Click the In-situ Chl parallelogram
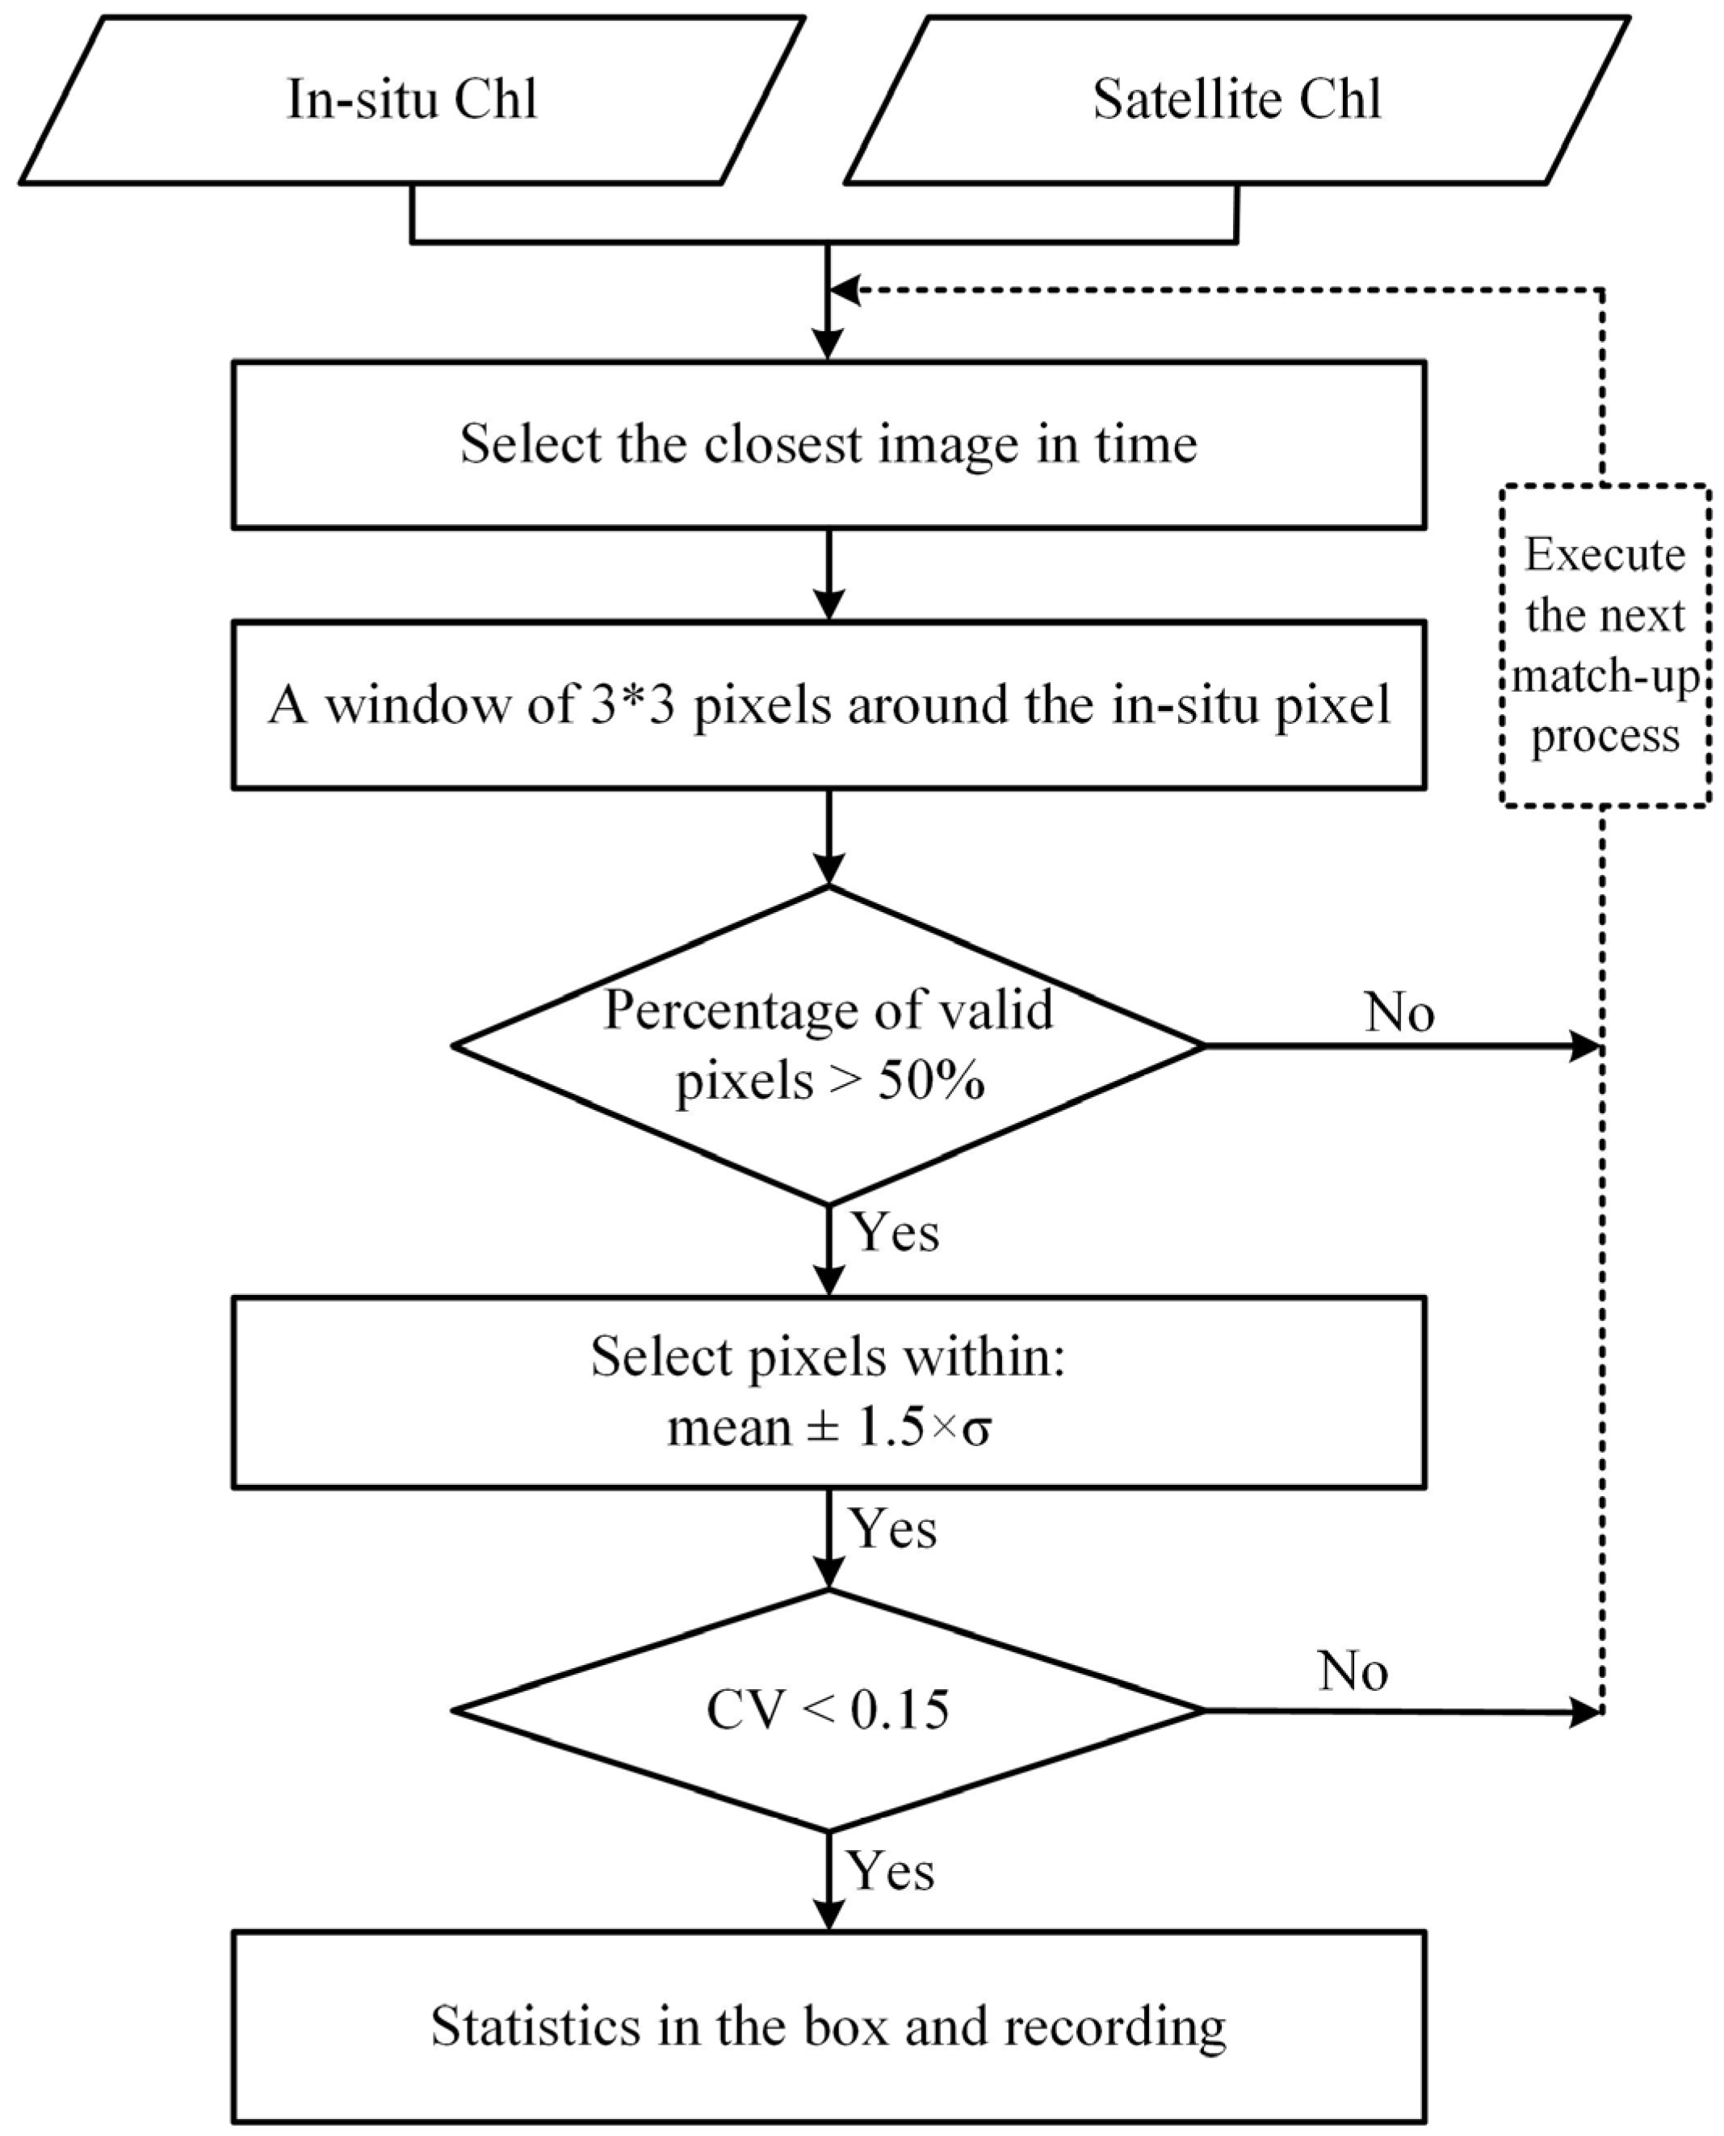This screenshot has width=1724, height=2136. point(411,100)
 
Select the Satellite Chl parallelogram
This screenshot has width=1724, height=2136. point(1236,100)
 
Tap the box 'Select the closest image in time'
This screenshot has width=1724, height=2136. point(828,444)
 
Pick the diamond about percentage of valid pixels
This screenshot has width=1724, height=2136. point(828,1045)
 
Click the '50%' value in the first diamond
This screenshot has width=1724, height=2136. point(930,1081)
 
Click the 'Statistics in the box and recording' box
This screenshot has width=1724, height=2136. point(828,2027)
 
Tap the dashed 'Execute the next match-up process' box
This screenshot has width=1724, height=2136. point(1604,645)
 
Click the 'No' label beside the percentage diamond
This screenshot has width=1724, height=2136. point(1399,1013)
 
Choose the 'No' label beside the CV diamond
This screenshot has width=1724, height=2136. point(1353,1671)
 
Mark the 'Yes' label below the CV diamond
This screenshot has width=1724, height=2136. point(891,1872)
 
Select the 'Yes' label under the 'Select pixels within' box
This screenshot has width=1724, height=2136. point(893,1529)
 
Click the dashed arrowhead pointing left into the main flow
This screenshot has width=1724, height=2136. point(844,290)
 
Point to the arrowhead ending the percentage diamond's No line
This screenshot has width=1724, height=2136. point(1585,1045)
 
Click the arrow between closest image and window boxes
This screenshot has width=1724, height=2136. point(828,576)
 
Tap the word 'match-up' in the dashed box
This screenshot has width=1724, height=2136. point(1604,676)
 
